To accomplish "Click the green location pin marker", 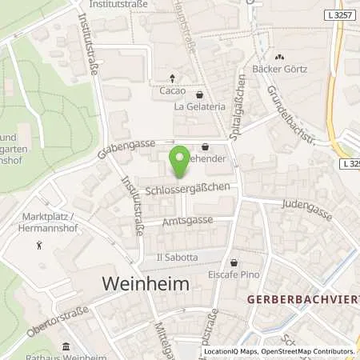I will coord(182,162).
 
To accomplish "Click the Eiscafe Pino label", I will coord(234,275).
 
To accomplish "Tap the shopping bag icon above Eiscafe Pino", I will coord(234,262).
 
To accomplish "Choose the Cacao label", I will coord(172,90).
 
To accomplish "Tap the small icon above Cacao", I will coord(172,78).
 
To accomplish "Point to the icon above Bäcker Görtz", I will coord(280,56).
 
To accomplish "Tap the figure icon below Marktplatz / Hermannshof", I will coord(39,245).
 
